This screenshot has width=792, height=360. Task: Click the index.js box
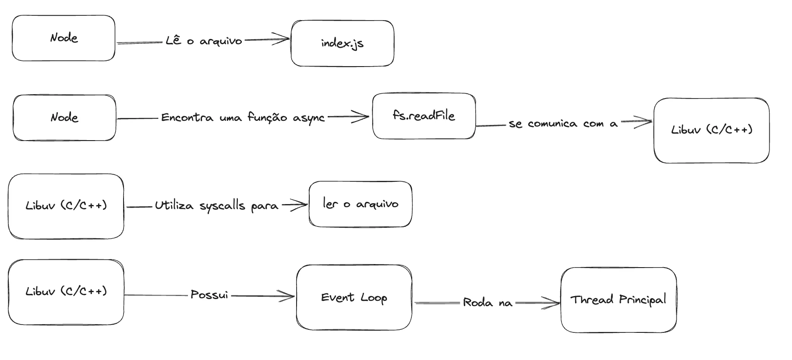coord(342,43)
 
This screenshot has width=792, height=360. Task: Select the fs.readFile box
coord(424,116)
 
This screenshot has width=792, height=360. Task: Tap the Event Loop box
coord(354,297)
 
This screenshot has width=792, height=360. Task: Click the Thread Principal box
coord(618,300)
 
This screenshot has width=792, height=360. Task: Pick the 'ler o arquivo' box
coord(360,204)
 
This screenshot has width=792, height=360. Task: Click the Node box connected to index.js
coord(64,38)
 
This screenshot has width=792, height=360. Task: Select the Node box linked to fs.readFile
coord(64,117)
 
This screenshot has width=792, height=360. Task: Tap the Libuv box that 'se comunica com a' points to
coord(711,130)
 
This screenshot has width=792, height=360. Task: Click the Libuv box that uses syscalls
coord(66,206)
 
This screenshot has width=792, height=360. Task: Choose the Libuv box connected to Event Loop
coord(66,292)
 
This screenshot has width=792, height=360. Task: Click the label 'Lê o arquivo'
coord(204,41)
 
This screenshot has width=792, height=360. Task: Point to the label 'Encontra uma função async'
coord(243,117)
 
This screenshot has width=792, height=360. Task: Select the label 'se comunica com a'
coord(563,124)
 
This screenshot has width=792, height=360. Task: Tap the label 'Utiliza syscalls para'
coord(216,206)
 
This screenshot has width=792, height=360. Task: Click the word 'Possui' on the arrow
coord(209,295)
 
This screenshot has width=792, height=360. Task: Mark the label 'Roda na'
coord(487,303)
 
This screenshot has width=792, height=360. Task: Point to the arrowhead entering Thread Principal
coord(554,302)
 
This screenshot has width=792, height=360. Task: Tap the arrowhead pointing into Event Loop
coord(289,296)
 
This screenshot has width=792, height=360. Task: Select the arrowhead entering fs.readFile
coord(364,117)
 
